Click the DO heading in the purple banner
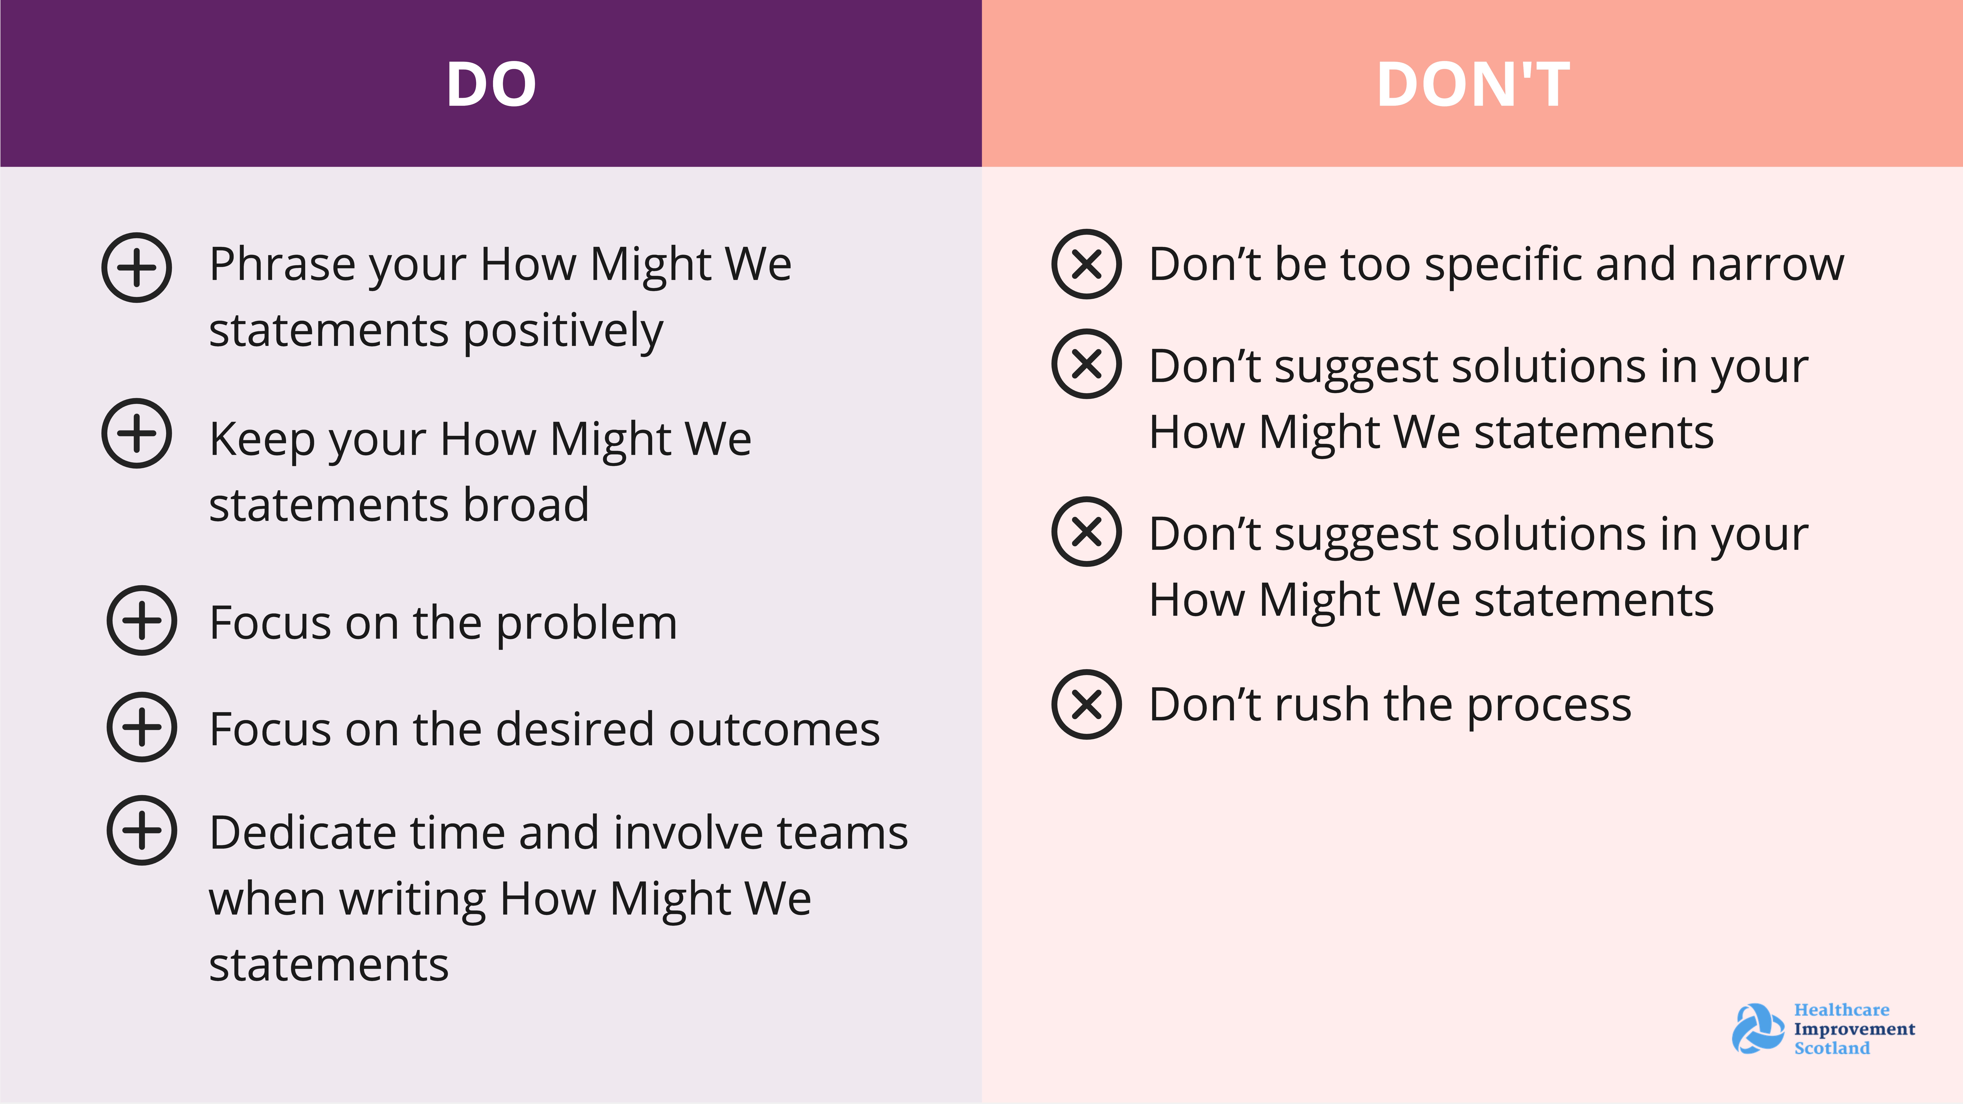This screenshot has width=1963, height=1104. pos(492,84)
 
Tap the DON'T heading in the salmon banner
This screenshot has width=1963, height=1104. pos(1473,84)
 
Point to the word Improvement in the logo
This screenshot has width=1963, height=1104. pos(1854,1029)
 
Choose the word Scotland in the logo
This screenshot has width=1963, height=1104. pos(1832,1048)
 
